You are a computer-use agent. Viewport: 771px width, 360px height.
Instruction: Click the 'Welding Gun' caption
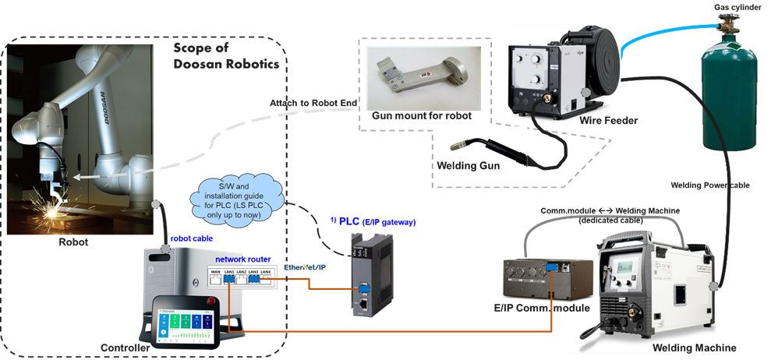click(x=469, y=165)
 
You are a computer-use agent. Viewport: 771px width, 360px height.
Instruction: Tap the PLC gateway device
click(x=365, y=273)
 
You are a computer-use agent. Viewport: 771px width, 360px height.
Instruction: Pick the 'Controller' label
click(x=125, y=348)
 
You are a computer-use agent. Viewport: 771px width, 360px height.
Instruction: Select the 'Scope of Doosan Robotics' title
click(x=226, y=57)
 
